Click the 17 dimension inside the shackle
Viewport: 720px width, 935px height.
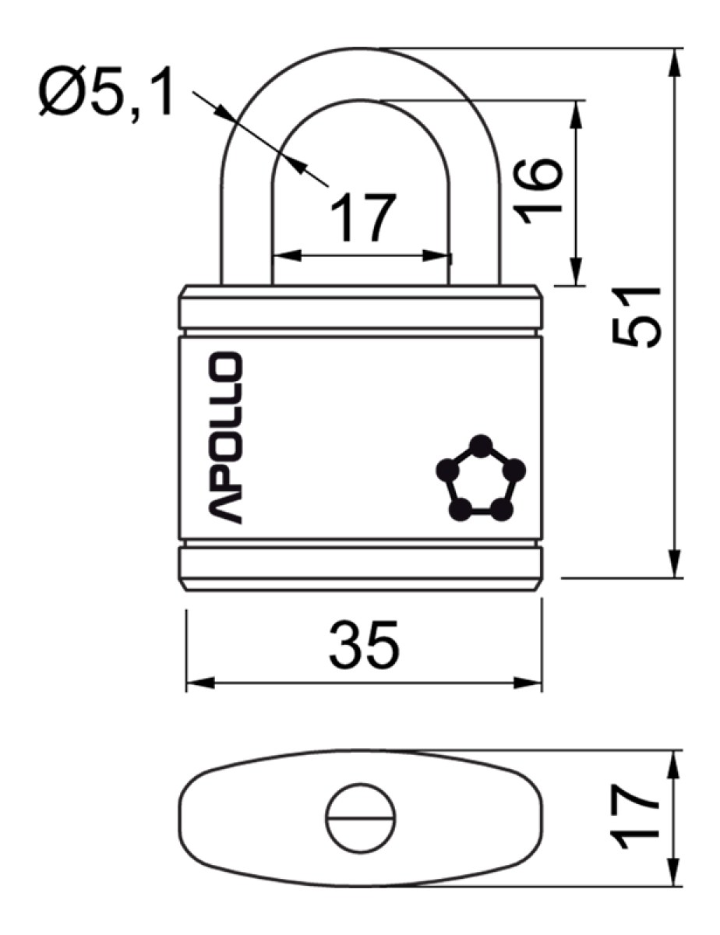click(x=362, y=217)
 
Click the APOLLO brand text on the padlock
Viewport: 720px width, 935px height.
click(x=226, y=437)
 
